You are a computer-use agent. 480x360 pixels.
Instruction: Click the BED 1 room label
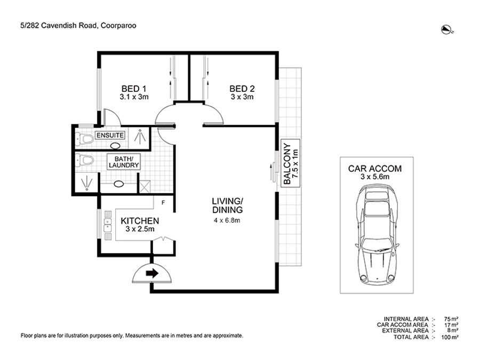[x=134, y=89]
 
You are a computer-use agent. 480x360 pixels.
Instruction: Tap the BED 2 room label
[x=242, y=89]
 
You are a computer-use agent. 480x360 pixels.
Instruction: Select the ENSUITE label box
[x=110, y=135]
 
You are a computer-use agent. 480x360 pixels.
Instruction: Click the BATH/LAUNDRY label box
[x=124, y=162]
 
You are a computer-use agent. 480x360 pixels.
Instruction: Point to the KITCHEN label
[x=140, y=221]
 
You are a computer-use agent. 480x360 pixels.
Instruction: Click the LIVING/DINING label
[x=227, y=205]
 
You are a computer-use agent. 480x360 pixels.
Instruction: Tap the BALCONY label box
[x=291, y=164]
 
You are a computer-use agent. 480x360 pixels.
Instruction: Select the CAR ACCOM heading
[x=375, y=169]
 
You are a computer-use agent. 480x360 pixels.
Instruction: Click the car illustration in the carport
[x=377, y=235]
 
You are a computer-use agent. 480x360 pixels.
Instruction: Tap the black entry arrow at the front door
[x=152, y=273]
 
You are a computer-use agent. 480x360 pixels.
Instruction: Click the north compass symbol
[x=447, y=30]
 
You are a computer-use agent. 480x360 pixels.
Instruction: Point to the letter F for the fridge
[x=163, y=203]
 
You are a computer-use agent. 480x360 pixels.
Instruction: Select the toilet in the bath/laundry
[x=85, y=160]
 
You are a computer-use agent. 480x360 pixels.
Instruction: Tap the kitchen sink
[x=108, y=225]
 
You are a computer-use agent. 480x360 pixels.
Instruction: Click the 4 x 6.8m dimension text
[x=227, y=220]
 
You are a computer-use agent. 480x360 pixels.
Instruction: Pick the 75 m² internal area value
[x=451, y=319]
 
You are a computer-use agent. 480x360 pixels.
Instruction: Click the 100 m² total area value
[x=450, y=337]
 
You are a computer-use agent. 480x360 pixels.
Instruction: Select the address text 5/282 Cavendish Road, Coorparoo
[x=78, y=26]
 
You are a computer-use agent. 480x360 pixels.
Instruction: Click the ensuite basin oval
[x=115, y=146]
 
